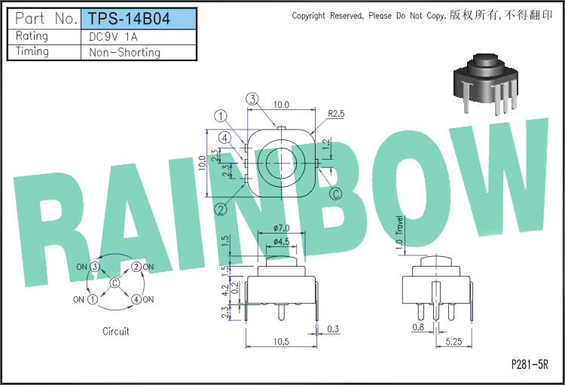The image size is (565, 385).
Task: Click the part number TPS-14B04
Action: click(129, 18)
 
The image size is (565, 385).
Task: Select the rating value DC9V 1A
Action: click(113, 37)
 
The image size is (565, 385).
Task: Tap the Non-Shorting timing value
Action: click(124, 52)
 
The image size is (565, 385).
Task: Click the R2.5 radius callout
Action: click(336, 114)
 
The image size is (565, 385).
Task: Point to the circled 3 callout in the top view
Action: click(252, 99)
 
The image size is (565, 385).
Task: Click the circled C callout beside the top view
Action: click(336, 194)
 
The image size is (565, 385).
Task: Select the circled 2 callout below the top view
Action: click(221, 209)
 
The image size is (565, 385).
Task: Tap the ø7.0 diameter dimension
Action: click(282, 228)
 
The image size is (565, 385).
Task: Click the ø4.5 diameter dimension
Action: click(282, 241)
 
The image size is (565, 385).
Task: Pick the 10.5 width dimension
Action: click(281, 341)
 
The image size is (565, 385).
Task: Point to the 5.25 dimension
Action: click(454, 341)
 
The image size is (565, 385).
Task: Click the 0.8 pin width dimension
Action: click(418, 327)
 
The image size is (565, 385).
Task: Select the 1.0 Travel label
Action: click(399, 233)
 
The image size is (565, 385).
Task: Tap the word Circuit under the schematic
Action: click(116, 332)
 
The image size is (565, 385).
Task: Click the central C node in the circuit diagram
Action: click(115, 283)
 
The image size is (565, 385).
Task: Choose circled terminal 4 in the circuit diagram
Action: click(136, 299)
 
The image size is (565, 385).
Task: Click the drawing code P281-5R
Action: click(530, 364)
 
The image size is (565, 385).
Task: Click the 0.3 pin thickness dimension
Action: click(333, 328)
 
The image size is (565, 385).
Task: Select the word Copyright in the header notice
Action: click(308, 16)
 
